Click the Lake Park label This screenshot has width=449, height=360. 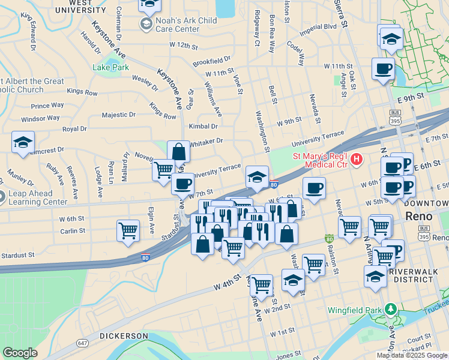pos(110,68)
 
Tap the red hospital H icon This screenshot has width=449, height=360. pos(357,159)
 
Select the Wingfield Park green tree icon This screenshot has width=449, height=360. pos(391,309)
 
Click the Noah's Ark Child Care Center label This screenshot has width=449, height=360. pos(185,25)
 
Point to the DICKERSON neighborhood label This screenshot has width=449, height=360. pos(124,335)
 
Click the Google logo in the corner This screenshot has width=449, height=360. pos(20,353)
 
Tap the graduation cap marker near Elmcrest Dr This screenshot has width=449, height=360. pos(23,143)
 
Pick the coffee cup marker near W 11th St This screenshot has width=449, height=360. pos(382,68)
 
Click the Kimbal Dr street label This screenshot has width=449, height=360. pos(203,126)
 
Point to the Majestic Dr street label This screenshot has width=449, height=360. pos(119,115)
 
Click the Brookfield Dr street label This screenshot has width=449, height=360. pos(211,61)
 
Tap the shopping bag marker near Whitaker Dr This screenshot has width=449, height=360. pos(179,152)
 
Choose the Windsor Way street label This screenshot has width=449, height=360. pos(40,118)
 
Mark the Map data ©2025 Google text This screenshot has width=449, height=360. pos(412,355)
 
